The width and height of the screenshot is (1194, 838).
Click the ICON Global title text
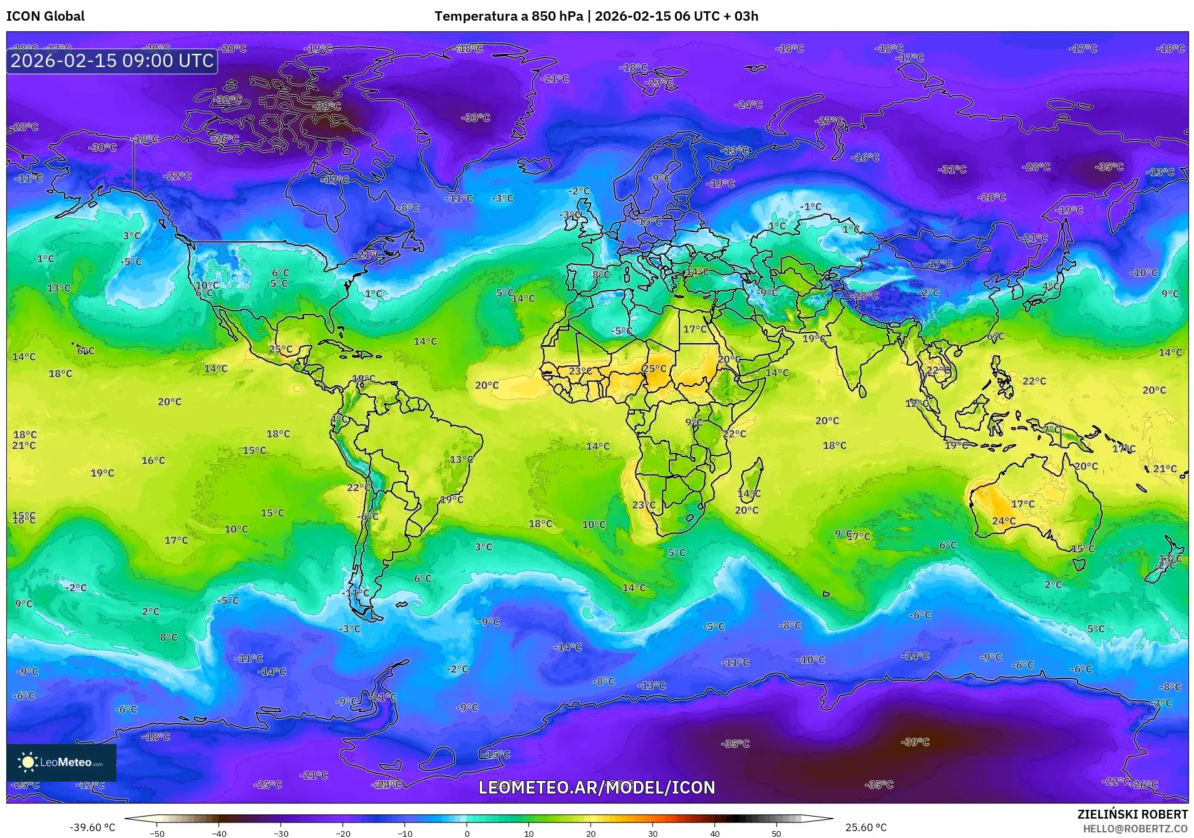pyautogui.click(x=46, y=16)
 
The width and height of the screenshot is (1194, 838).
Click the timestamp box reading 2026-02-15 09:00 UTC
pyautogui.click(x=112, y=61)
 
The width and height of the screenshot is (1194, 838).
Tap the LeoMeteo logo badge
pyautogui.click(x=61, y=762)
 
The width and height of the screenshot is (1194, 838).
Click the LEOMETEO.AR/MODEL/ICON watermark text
pyautogui.click(x=596, y=787)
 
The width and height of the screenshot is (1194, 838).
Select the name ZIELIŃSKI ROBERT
pyautogui.click(x=1132, y=814)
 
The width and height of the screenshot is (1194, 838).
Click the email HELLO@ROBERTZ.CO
pyautogui.click(x=1135, y=828)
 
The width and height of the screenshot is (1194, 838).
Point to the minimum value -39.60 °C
pyautogui.click(x=92, y=827)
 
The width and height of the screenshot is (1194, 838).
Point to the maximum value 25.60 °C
pyautogui.click(x=865, y=827)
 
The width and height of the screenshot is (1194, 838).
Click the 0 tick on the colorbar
pyautogui.click(x=467, y=833)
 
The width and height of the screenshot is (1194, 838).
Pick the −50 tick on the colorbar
pyautogui.click(x=157, y=833)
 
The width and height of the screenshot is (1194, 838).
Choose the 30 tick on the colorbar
pyautogui.click(x=653, y=833)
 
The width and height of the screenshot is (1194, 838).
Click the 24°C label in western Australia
pyautogui.click(x=1004, y=521)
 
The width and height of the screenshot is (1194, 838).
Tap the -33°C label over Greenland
pyautogui.click(x=475, y=118)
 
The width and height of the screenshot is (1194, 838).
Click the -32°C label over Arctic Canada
pyautogui.click(x=228, y=100)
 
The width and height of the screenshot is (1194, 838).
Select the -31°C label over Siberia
pyautogui.click(x=952, y=169)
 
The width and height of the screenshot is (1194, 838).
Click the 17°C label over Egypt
pyautogui.click(x=694, y=329)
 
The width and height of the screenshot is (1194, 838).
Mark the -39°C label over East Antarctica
pyautogui.click(x=915, y=742)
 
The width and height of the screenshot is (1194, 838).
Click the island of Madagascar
pyautogui.click(x=751, y=485)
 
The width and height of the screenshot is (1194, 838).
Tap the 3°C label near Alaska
pyautogui.click(x=131, y=235)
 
